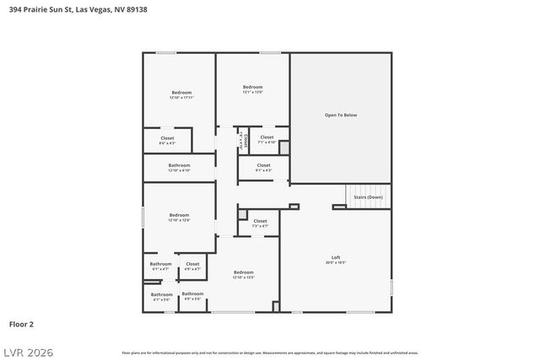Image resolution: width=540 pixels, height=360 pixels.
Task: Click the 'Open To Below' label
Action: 341,115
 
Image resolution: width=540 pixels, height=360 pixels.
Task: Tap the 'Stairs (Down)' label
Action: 368,196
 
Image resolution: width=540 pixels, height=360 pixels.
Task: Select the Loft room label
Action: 335,259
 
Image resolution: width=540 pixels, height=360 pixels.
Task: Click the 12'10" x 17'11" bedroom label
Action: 181,94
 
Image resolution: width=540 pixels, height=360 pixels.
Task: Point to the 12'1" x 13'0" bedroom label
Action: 253,89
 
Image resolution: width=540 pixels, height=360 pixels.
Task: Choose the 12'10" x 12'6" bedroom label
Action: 179,218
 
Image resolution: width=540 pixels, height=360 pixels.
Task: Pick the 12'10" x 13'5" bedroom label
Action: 244,274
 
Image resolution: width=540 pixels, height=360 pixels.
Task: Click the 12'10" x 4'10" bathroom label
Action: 179,168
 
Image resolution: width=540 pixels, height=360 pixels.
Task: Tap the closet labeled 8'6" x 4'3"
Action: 167,140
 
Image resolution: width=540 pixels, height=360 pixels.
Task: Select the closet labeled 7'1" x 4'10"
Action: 267,139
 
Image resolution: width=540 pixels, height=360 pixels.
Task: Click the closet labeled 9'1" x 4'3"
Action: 263,168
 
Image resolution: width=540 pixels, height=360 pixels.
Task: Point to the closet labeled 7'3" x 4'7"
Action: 260,223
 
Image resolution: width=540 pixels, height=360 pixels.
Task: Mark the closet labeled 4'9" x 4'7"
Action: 192,266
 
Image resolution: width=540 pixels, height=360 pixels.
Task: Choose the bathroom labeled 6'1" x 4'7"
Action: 160,266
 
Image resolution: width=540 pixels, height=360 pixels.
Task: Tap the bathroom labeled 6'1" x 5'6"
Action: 161,296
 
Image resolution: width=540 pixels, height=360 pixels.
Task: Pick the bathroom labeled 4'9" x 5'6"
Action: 192,296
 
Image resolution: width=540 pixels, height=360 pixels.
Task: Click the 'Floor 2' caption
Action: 21,323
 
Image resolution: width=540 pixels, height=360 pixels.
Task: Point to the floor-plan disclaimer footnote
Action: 270,352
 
